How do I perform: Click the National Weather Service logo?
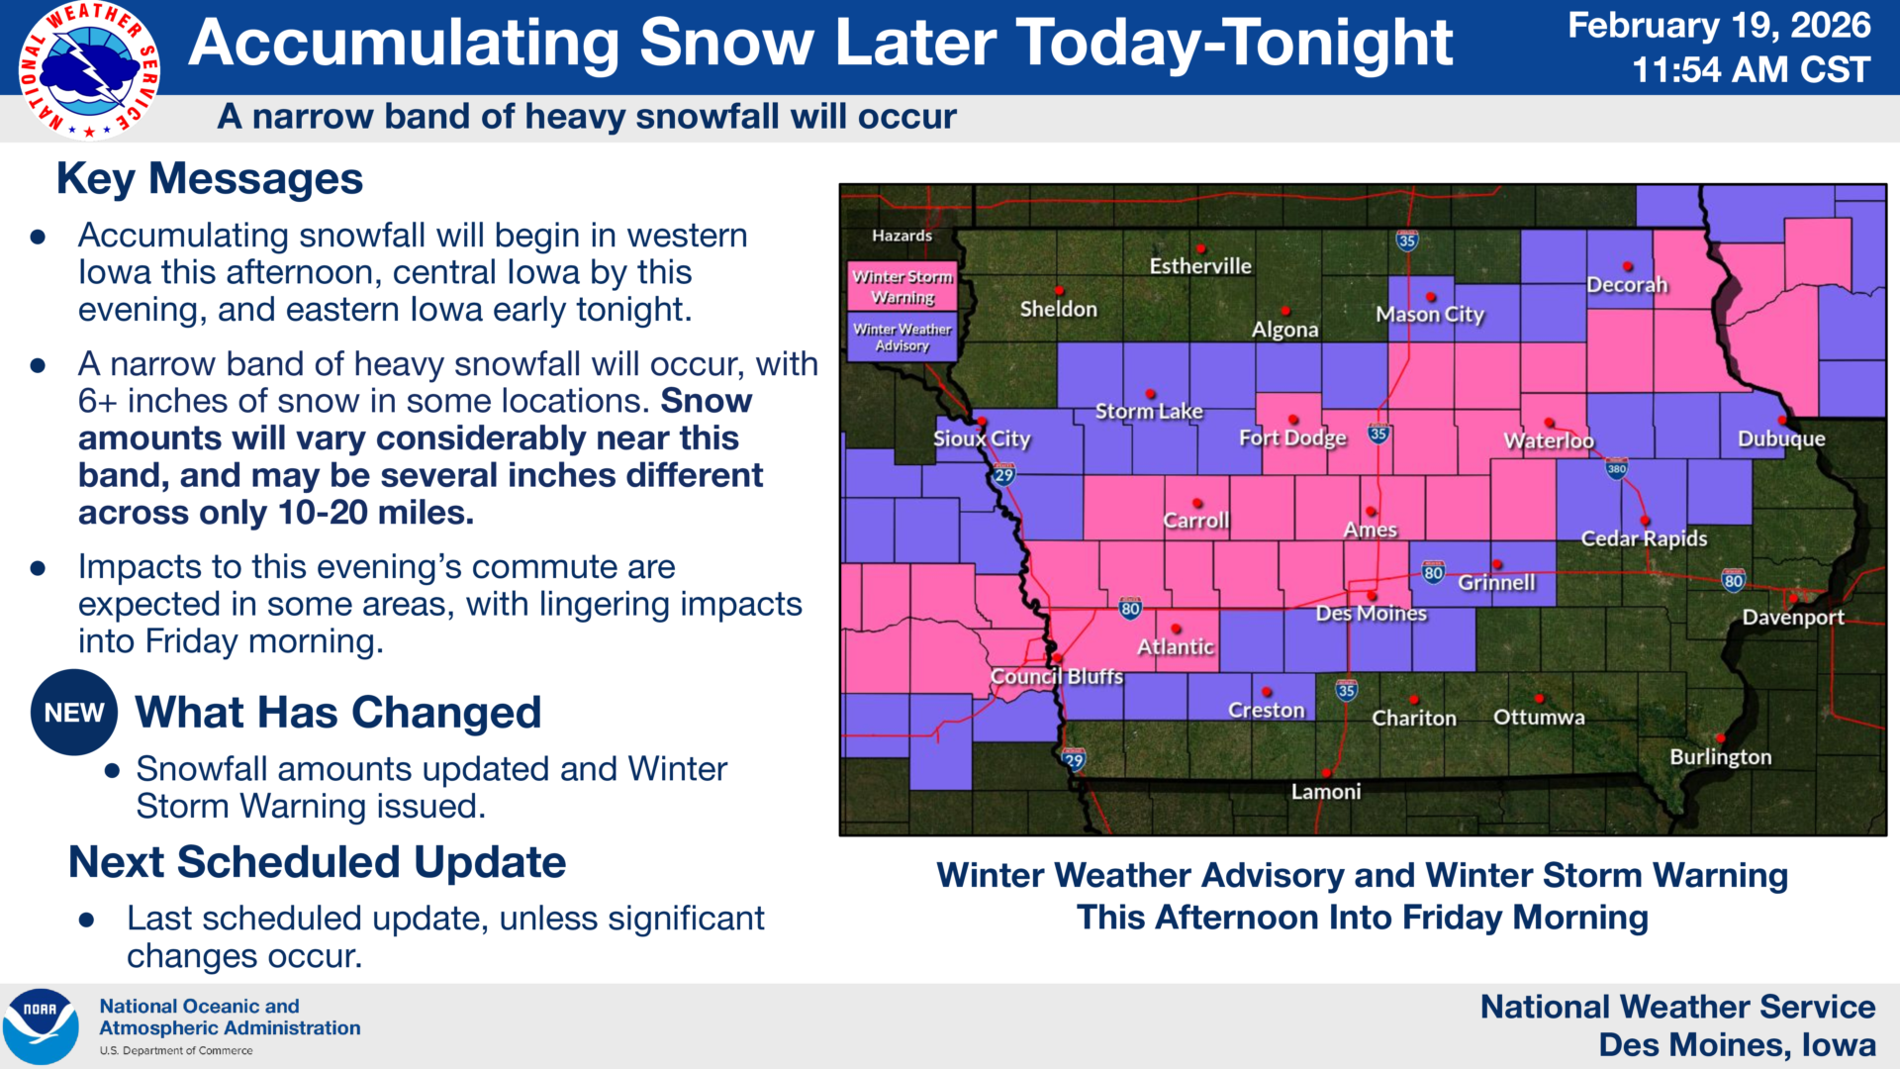[x=89, y=69]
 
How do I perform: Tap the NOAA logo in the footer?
[x=41, y=1026]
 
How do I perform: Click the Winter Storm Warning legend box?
[x=902, y=286]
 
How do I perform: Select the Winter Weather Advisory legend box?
[x=902, y=337]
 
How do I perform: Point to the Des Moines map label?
[x=1371, y=614]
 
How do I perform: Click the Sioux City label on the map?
[x=982, y=438]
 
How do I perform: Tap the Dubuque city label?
[x=1781, y=438]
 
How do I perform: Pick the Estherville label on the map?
[x=1199, y=266]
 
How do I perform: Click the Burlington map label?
[x=1720, y=757]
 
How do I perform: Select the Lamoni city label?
[x=1325, y=792]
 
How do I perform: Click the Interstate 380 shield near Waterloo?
[x=1616, y=469]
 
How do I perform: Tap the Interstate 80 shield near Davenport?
[x=1733, y=580]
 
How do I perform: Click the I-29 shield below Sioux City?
[x=1003, y=475]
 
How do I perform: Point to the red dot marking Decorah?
[x=1628, y=266]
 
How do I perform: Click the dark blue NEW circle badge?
[x=74, y=713]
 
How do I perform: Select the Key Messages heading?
[x=210, y=179]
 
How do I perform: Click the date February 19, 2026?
[x=1719, y=26]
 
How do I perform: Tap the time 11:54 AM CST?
[x=1751, y=70]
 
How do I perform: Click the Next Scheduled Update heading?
[x=317, y=862]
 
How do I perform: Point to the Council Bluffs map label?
[x=1056, y=677]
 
